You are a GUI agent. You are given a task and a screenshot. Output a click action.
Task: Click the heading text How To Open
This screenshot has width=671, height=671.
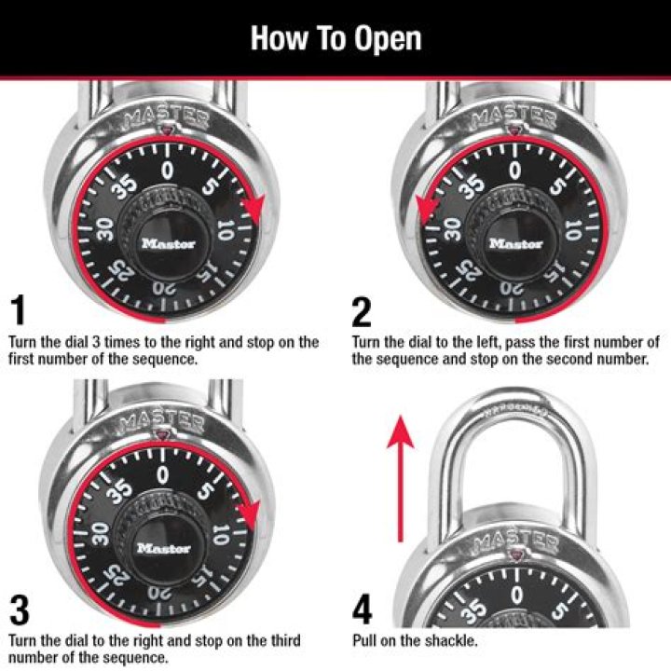tap(335, 38)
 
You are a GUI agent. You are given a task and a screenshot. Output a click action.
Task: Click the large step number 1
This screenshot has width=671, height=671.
tap(20, 308)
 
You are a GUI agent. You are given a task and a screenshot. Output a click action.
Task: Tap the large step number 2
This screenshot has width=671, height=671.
tap(363, 308)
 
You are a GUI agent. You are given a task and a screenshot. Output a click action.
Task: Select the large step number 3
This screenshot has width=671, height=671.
tap(20, 609)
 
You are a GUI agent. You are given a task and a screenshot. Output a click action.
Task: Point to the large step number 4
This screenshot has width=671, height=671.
tap(363, 609)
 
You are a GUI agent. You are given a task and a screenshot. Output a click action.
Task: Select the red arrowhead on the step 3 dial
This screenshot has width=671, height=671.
tap(249, 512)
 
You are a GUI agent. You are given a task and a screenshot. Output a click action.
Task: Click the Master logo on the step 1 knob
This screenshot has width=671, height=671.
tap(168, 244)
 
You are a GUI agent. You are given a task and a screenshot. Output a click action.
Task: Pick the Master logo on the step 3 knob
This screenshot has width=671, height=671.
tap(164, 549)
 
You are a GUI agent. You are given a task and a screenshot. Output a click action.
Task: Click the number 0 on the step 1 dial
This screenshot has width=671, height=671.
tap(168, 171)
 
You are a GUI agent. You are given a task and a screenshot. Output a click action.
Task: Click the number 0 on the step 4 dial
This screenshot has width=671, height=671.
tap(515, 593)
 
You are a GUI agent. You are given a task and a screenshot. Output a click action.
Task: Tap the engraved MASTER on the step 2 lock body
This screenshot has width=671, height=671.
tap(514, 116)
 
